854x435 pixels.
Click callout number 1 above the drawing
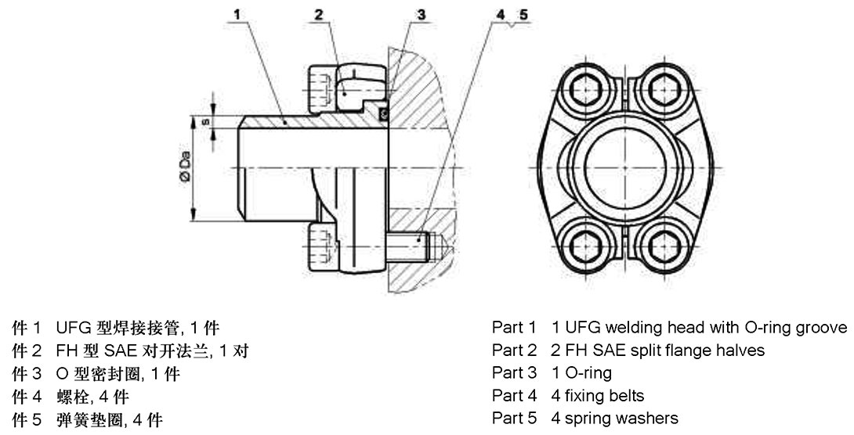(237, 13)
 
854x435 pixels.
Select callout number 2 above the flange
(319, 14)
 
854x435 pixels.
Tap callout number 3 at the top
(421, 14)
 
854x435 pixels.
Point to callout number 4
(501, 14)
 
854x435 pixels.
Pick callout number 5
(523, 14)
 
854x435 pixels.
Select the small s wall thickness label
(206, 122)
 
